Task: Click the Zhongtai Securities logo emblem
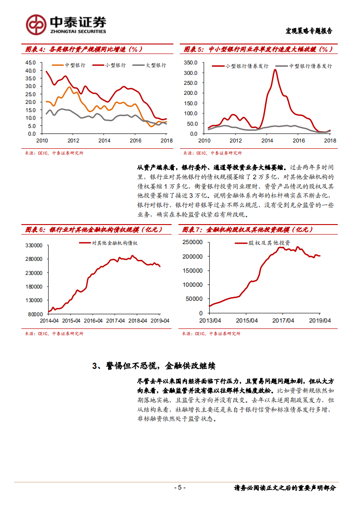[36, 24]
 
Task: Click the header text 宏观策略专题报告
[309, 31]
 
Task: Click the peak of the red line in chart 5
[275, 70]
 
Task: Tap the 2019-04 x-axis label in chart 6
[160, 320]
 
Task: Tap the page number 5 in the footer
[180, 488]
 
